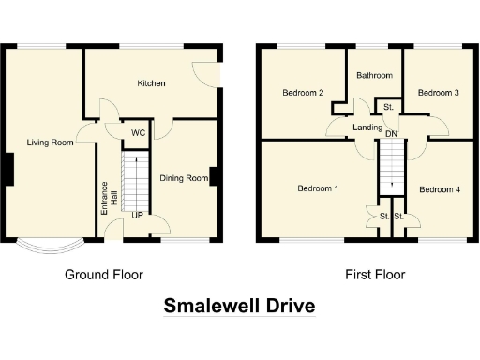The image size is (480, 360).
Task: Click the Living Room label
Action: tap(50, 142)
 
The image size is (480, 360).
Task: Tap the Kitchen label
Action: tap(151, 83)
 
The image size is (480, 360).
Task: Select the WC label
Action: tap(137, 132)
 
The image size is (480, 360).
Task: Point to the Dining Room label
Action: tap(183, 178)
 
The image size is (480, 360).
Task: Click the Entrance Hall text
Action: tap(111, 191)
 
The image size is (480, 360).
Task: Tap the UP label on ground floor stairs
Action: tap(137, 216)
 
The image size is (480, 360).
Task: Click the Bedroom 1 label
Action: tap(317, 188)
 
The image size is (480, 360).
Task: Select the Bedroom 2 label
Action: tap(303, 93)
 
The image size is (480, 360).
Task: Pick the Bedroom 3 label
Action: tap(438, 93)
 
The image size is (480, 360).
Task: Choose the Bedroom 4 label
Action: tap(439, 190)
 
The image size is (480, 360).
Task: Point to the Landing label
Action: tap(367, 127)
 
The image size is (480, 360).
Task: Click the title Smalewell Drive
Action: tap(239, 307)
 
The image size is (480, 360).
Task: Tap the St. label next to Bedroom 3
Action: tap(387, 109)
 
